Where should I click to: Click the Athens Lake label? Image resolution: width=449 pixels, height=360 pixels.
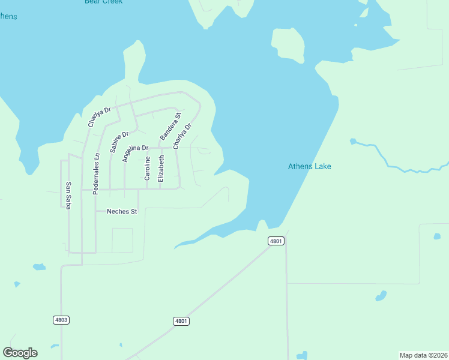point(309,167)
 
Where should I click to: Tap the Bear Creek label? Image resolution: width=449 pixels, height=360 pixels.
point(103,2)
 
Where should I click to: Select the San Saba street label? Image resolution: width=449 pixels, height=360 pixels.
point(68,195)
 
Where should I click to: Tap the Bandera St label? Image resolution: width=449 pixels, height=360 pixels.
point(170,125)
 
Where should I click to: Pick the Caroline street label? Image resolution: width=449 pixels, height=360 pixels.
point(147,168)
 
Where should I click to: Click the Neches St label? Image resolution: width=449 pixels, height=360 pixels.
point(122,211)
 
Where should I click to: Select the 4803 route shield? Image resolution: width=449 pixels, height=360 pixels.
point(61,320)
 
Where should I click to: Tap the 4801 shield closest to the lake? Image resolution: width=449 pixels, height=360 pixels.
point(276,241)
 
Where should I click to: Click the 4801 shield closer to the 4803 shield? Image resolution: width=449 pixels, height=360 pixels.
point(181,321)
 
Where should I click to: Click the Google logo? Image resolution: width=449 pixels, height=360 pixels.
point(20,353)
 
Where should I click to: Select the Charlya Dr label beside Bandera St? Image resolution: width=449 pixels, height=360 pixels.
point(182,136)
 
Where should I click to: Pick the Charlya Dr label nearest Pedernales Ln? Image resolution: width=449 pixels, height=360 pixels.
point(100,117)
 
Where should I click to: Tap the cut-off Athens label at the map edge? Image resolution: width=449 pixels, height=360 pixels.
point(8,16)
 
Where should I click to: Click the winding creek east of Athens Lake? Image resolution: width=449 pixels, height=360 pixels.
point(396,164)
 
